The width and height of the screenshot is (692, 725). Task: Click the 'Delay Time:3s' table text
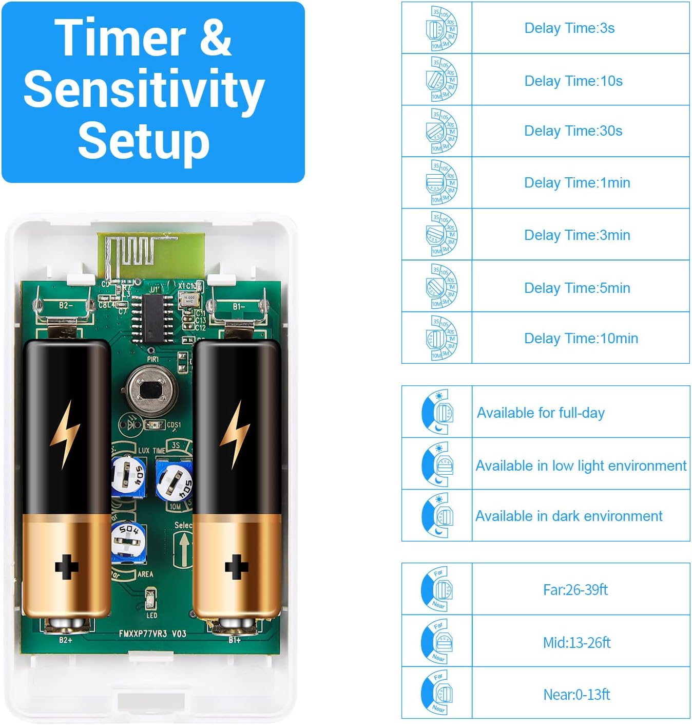click(x=569, y=28)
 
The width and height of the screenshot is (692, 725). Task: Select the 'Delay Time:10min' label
click(x=581, y=339)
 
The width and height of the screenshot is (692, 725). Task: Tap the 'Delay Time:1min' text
click(x=577, y=183)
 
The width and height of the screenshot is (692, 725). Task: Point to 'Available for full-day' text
click(x=541, y=413)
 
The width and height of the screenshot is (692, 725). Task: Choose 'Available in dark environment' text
click(x=569, y=516)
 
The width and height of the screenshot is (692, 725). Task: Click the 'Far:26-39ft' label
click(x=575, y=589)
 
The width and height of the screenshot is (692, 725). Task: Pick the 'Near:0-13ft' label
click(x=576, y=695)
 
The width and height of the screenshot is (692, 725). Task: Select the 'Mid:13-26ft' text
click(x=576, y=642)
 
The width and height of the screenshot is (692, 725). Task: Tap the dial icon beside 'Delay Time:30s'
click(x=440, y=131)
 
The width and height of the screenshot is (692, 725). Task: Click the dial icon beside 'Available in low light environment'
click(x=437, y=464)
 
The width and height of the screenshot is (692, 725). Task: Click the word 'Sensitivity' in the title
click(x=144, y=90)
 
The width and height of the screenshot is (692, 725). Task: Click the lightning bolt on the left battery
click(x=65, y=434)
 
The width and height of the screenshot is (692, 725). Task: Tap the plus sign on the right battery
click(x=236, y=567)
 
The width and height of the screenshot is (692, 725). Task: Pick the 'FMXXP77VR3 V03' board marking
click(x=152, y=634)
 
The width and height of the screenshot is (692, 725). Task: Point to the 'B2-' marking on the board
click(x=66, y=305)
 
